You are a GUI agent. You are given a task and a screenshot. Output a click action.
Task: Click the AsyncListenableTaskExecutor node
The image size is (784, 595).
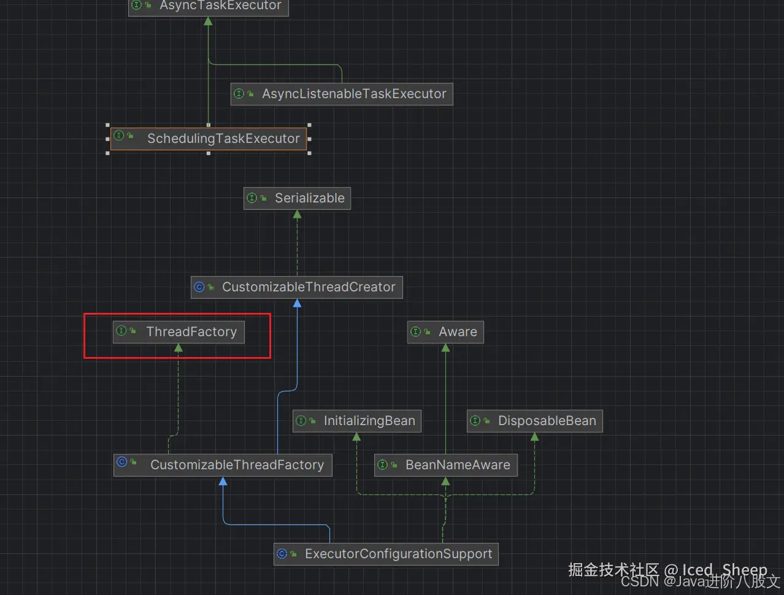(x=342, y=94)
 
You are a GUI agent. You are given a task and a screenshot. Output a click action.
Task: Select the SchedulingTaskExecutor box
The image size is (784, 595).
(x=209, y=139)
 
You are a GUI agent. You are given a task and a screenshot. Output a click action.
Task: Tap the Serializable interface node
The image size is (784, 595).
(x=297, y=198)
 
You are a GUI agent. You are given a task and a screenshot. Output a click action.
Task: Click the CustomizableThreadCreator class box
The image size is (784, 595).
(x=297, y=287)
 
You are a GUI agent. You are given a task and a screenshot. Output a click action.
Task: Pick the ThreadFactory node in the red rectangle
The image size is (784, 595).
(x=179, y=332)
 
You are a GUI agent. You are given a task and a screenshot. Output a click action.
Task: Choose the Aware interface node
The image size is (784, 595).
(x=445, y=332)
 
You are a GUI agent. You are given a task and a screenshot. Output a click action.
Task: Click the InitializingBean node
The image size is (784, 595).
(x=356, y=421)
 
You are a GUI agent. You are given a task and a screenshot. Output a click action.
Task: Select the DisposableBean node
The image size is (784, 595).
(x=534, y=421)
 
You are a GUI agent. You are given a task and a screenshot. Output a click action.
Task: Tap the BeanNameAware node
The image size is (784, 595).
(x=446, y=465)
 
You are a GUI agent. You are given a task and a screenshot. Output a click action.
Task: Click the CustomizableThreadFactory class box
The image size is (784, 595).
(x=223, y=465)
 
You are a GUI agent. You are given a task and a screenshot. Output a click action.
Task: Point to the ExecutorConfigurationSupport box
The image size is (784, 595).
(x=386, y=554)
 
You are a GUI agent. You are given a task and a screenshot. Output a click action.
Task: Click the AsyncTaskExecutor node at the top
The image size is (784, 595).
(x=208, y=6)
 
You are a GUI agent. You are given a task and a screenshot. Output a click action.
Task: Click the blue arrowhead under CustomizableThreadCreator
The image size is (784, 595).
(x=297, y=303)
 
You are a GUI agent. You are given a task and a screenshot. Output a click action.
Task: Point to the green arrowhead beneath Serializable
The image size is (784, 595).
(x=297, y=214)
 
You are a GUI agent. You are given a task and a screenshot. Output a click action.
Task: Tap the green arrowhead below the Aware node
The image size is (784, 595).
(x=445, y=348)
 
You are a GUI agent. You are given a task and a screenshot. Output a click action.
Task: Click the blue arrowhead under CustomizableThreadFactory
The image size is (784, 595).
(x=223, y=481)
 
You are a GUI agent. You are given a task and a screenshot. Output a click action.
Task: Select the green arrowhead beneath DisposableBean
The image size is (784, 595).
(x=534, y=437)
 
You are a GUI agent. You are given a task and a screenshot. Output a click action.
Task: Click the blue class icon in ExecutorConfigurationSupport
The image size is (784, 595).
(x=282, y=553)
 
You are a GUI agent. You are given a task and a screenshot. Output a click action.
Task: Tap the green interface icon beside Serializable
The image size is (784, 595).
(x=252, y=198)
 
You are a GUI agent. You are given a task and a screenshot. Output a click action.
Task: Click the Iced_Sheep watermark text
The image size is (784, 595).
(x=724, y=570)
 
